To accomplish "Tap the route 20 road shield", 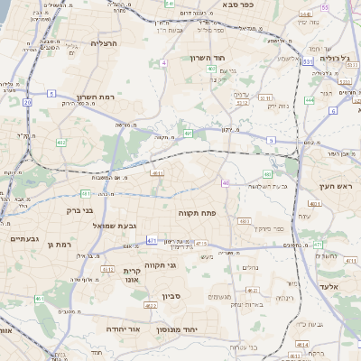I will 27,103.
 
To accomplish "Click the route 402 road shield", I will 60,143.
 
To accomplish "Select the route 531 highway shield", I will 308,60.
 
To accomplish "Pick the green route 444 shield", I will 310,100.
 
